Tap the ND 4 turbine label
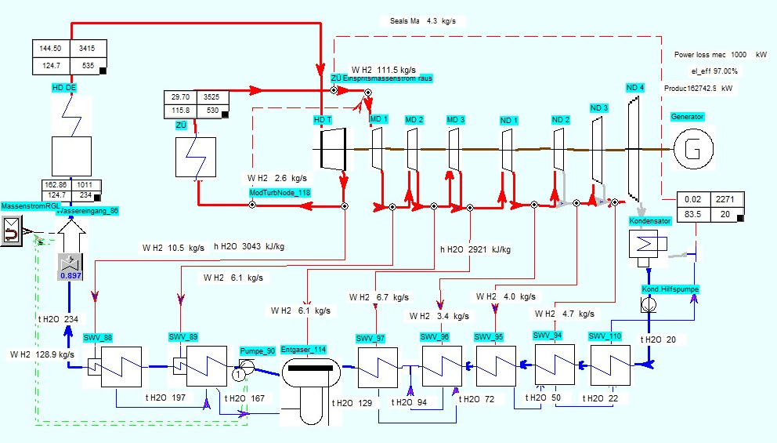634,87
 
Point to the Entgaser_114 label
303,350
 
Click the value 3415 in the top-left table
88,49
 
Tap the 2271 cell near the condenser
725,200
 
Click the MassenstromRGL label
31,205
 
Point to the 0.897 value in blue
71,275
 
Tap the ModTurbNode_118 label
280,192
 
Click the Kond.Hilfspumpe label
669,289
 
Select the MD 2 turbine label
414,119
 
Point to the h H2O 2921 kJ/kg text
475,249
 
